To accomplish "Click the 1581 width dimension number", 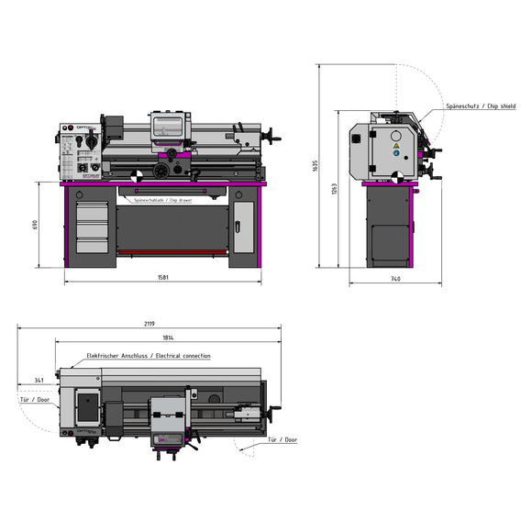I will click(162, 277).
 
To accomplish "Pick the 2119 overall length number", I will click(149, 323).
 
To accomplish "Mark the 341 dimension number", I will click(39, 378).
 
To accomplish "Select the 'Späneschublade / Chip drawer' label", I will click(163, 199).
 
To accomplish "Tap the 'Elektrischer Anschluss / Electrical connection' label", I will click(148, 356).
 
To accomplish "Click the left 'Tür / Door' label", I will click(35, 400).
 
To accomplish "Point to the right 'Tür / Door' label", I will click(282, 439).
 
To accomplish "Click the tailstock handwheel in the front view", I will click(276, 140).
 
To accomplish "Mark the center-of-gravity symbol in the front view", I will click(136, 174).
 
